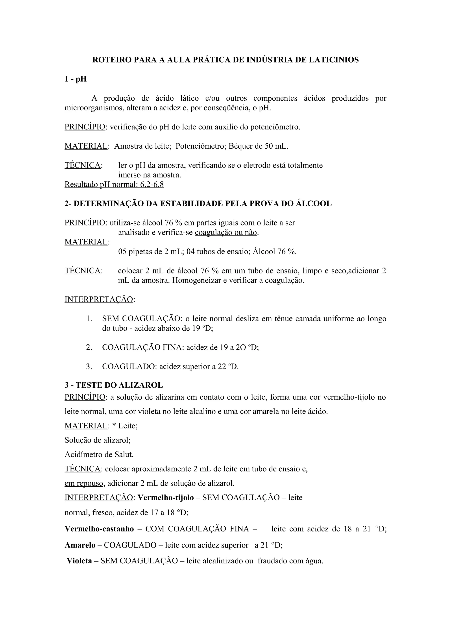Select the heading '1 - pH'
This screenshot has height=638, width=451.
pyautogui.click(x=76, y=79)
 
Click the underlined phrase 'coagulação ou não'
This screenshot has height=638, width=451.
pyautogui.click(x=226, y=232)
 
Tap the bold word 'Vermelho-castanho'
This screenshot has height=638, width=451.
pyautogui.click(x=99, y=529)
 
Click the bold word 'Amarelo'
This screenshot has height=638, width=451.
pyautogui.click(x=80, y=545)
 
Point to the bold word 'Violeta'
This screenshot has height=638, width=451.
pyautogui.click(x=79, y=561)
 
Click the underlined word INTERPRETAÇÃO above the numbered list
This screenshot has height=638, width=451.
pyautogui.click(x=99, y=300)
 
